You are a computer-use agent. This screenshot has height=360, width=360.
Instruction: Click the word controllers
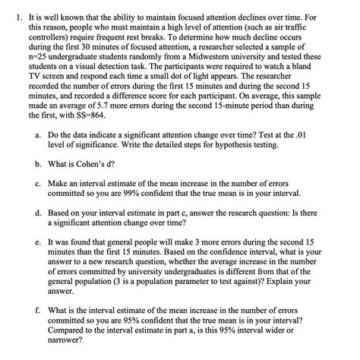[46, 43]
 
